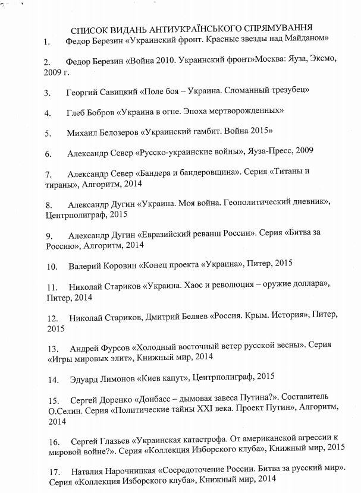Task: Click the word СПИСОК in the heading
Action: [88, 29]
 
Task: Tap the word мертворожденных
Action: [244, 111]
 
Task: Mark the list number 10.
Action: [51, 263]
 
